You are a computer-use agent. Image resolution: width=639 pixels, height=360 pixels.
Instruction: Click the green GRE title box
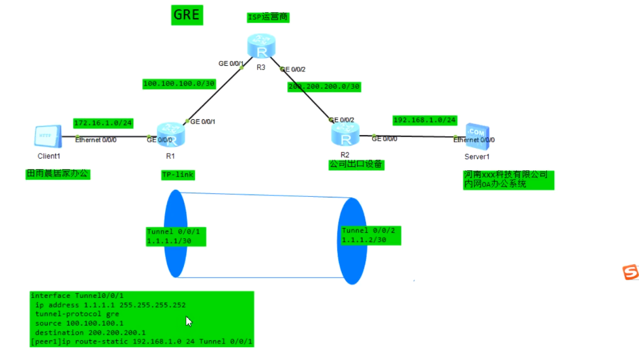coord(187,15)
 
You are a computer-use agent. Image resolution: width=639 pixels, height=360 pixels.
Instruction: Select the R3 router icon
coord(261,46)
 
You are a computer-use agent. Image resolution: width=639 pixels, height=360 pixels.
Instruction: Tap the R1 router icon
coord(171,135)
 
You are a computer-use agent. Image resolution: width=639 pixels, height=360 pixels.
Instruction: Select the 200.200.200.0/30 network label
coord(324,87)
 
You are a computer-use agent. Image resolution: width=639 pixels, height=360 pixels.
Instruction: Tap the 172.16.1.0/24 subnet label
coord(103,123)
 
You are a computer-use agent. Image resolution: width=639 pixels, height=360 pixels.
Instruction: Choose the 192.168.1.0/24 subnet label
coord(425,120)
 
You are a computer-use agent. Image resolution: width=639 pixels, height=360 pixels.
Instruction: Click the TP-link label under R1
coord(178,175)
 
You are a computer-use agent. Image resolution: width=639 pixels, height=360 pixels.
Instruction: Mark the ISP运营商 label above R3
coord(268,17)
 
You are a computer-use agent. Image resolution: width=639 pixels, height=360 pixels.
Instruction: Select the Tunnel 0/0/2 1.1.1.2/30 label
coord(371,235)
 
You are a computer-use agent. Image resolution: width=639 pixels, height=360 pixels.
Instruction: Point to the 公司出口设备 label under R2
coord(356,165)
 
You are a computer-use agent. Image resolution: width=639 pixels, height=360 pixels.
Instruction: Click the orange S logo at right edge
coord(630,272)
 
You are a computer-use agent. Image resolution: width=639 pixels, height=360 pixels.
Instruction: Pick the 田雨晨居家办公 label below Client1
coord(58,174)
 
